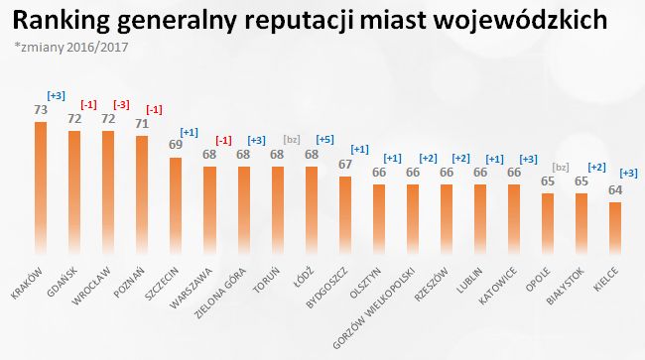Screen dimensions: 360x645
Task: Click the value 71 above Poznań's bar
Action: pyautogui.click(x=141, y=126)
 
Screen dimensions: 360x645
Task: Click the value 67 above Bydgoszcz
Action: pyautogui.click(x=345, y=166)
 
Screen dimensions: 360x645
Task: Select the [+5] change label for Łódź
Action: pyautogui.click(x=324, y=140)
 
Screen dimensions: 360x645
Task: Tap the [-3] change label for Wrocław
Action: pyautogui.click(x=121, y=104)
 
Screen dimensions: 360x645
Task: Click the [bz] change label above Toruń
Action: pyautogui.click(x=291, y=140)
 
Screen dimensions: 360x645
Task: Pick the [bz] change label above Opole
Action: pyautogui.click(x=562, y=169)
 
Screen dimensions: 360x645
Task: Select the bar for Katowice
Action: pyautogui.click(x=514, y=212)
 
